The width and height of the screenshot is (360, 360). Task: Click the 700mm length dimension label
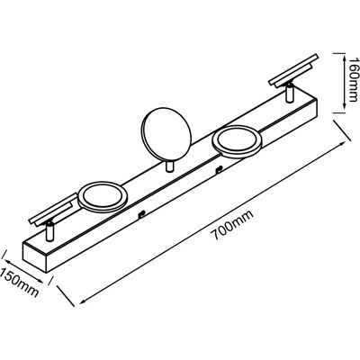pos(233,225)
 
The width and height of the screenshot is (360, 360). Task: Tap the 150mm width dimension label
pos(19,282)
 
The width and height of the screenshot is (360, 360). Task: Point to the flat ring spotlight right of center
pos(238,141)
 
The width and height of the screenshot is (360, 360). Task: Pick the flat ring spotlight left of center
pos(103,197)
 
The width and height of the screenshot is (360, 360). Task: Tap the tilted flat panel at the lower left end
pos(53,211)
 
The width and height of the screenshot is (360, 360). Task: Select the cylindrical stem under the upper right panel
pos(290,94)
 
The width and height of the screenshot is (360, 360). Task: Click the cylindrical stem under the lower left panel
pos(50,231)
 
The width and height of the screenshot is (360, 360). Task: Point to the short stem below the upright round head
pos(169,166)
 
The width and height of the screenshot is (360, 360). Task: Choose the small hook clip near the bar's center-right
pos(219,170)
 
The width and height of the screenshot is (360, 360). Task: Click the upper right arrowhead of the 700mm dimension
pos(341,144)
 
